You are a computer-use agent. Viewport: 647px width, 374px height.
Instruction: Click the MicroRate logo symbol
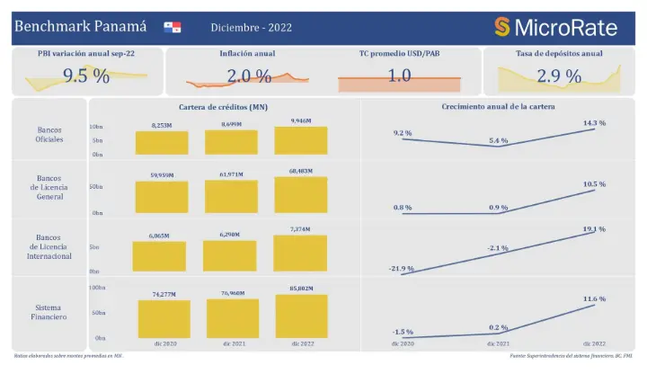502,27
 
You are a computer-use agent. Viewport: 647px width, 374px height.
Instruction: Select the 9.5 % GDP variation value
86,76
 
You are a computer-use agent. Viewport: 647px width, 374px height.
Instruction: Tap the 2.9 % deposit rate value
559,76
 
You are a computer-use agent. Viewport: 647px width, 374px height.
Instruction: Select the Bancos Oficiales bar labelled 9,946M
301,141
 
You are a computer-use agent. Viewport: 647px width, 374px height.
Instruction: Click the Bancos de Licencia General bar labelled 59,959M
162,197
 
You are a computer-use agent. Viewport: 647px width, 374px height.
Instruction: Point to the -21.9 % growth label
402,268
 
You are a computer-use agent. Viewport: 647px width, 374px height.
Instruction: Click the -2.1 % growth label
500,247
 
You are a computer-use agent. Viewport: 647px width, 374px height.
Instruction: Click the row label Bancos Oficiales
49,135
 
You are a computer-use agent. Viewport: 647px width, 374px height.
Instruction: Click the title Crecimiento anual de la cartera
498,107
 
